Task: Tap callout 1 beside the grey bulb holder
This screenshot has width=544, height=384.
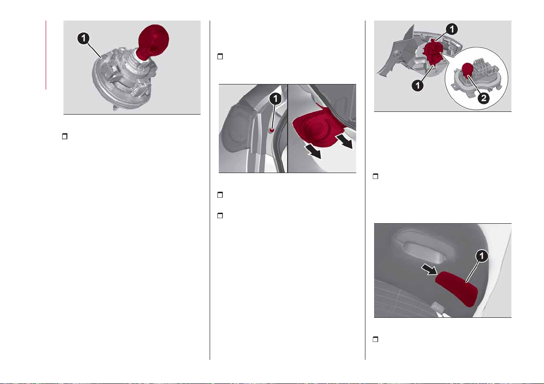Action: [84, 38]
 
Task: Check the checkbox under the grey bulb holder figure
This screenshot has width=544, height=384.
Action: [64, 137]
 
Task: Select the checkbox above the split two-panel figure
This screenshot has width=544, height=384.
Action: [220, 56]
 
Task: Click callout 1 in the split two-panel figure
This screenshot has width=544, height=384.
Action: [275, 99]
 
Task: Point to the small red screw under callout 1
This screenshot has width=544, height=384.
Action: [272, 131]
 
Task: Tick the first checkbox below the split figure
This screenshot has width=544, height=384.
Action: [220, 195]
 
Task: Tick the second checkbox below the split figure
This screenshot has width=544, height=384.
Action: [220, 216]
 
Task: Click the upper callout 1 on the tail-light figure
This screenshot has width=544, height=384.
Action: [452, 29]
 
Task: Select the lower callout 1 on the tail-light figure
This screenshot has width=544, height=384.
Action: [418, 84]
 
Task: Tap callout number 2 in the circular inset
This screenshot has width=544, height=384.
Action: [483, 98]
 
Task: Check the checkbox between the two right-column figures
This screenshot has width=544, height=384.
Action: [375, 176]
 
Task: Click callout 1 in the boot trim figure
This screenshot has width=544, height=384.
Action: [481, 257]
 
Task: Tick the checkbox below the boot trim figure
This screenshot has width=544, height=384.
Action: [375, 339]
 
